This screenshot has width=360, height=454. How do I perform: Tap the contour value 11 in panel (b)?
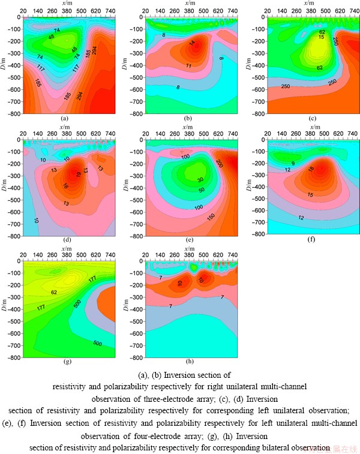tap(188, 65)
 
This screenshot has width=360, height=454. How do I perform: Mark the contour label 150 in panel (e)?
tap(211, 216)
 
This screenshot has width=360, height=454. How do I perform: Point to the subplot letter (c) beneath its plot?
tap(312, 118)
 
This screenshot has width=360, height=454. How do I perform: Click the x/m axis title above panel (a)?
tap(68, 4)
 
